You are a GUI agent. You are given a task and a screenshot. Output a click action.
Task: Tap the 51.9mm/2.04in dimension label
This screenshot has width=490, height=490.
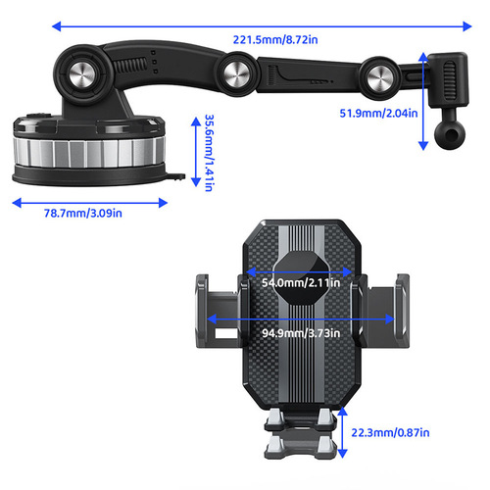pos(376,112)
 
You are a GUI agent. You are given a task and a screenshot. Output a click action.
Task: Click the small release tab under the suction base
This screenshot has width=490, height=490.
pos(176,178)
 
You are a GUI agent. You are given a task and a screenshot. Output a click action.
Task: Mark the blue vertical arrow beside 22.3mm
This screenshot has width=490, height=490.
pos(342,431)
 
